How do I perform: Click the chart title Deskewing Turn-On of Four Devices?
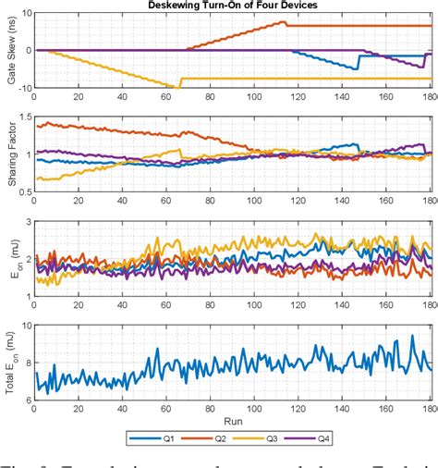(x=233, y=6)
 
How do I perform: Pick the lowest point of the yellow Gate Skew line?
(x=176, y=87)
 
